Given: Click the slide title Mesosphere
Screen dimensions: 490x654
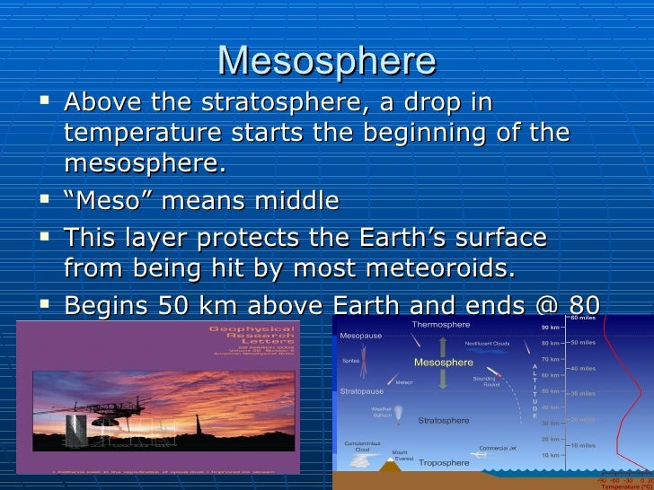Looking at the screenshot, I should coord(326,60).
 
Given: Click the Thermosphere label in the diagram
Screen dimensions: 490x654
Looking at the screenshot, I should coord(440,324).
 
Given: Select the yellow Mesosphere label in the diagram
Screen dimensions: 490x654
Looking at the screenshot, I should coord(443,363).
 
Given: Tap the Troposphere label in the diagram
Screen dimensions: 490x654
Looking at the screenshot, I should coord(443,463).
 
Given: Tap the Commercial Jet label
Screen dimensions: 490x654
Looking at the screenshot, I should coord(497,448).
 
